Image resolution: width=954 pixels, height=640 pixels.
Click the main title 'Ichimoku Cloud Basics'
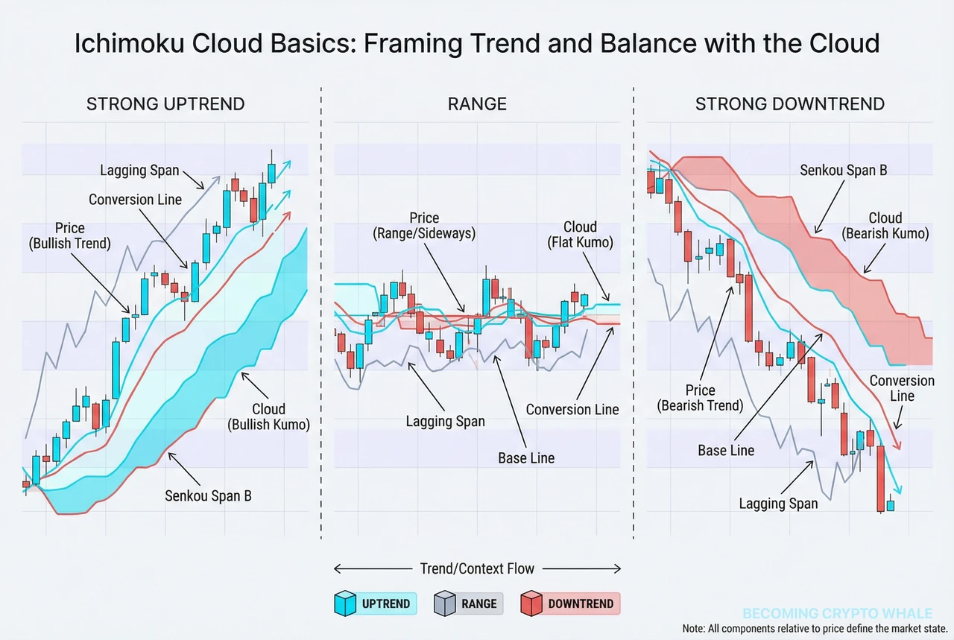point(477,43)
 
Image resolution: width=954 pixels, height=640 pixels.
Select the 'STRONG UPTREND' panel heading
point(165,104)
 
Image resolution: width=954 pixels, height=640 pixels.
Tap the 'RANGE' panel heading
point(477,104)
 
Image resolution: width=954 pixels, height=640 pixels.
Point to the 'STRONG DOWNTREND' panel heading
point(790,104)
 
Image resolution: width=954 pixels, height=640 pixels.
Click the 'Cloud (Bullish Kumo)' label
point(268,417)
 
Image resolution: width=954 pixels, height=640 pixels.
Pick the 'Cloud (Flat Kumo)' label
point(580,235)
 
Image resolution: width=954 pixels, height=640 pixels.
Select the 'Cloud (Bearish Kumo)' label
point(885,226)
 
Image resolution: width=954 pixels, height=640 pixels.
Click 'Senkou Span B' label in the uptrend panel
point(208,495)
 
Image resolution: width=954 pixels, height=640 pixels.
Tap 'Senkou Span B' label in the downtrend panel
point(844,170)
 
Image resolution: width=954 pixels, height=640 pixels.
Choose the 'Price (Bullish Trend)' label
point(69,235)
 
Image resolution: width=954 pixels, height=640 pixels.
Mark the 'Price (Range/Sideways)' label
point(424,226)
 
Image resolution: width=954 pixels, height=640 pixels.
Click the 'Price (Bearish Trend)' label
point(701,398)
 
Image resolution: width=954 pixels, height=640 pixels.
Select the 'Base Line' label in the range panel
point(526,457)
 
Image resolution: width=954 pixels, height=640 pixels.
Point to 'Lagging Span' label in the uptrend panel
point(139,171)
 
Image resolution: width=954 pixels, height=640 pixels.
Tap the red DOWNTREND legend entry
point(570,603)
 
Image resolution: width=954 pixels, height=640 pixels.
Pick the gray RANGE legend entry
point(469,603)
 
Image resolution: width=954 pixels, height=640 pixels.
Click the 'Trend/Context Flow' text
point(477,568)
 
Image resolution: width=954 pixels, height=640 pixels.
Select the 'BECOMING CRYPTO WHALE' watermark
point(837,614)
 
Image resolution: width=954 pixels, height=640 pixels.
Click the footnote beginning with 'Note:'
point(817,628)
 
